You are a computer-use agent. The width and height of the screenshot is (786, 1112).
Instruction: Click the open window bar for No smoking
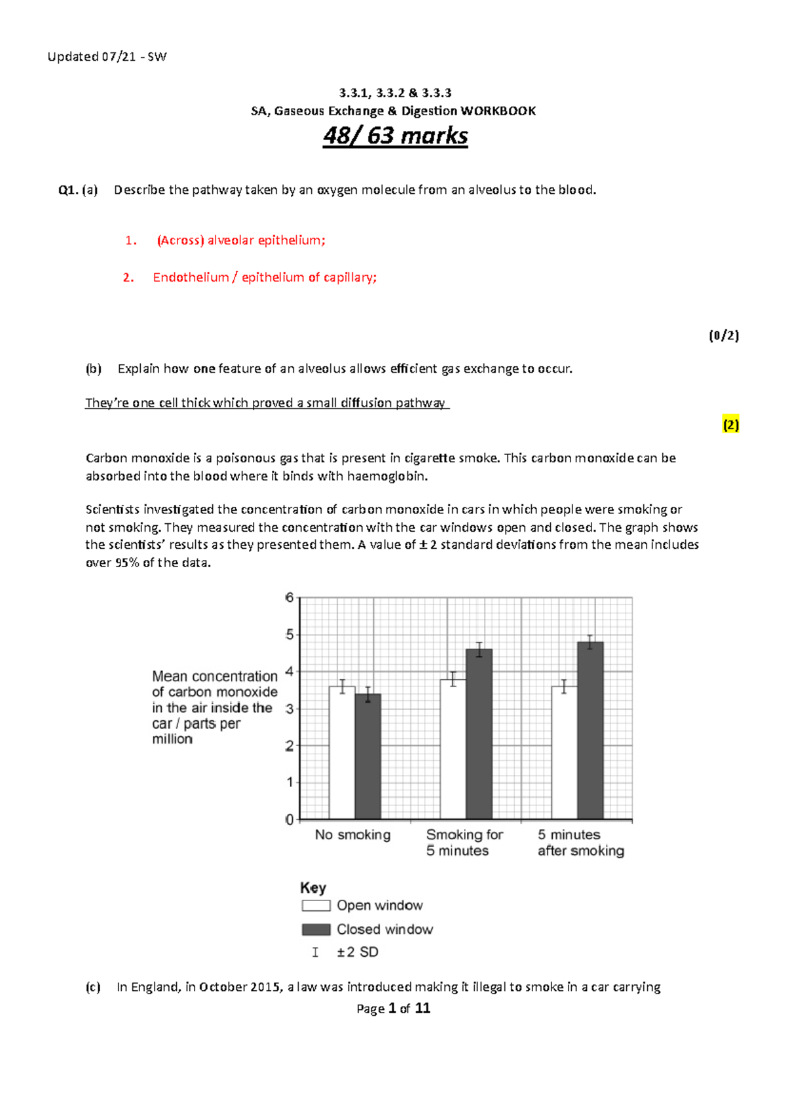342,753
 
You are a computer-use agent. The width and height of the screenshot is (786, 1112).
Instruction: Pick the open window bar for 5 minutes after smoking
564,753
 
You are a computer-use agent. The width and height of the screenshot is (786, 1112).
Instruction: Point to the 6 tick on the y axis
290,597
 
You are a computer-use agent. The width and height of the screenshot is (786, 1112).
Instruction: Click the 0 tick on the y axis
290,820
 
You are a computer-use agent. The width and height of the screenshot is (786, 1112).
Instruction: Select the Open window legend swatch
316,906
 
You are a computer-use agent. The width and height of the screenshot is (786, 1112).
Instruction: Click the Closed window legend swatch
316,929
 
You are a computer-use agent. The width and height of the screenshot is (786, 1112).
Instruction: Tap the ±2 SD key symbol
316,952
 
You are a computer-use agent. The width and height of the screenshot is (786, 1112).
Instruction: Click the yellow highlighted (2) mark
731,425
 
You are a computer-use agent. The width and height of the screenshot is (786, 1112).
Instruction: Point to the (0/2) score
724,336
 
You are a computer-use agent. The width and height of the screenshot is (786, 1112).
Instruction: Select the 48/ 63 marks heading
395,136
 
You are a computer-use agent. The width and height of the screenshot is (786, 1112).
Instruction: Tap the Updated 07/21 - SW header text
107,57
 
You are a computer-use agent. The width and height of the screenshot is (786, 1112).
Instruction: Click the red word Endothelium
191,278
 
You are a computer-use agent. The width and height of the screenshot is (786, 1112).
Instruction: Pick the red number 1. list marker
131,241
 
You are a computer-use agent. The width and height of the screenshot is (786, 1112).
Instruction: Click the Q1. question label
68,191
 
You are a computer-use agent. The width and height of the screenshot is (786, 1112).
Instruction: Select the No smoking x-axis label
352,835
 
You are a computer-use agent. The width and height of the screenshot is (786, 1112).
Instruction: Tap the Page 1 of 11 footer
393,1009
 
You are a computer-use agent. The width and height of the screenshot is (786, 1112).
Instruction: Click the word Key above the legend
313,888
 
